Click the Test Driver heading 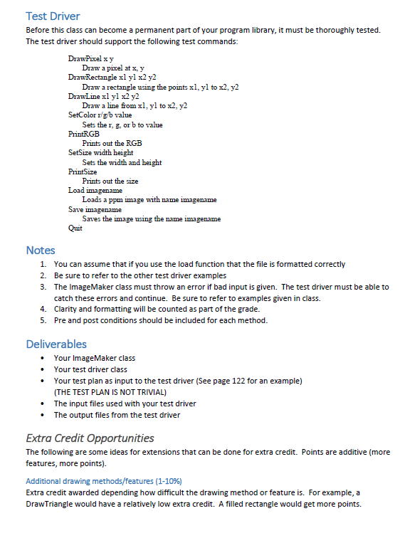pos(52,16)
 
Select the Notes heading pos(40,250)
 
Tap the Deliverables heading pos(56,344)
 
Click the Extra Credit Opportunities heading pos(89,437)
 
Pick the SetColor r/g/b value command pos(100,114)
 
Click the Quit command pos(75,228)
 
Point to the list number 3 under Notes pos(43,286)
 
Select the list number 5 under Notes pos(43,320)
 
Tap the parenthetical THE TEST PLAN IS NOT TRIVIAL pos(111,392)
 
